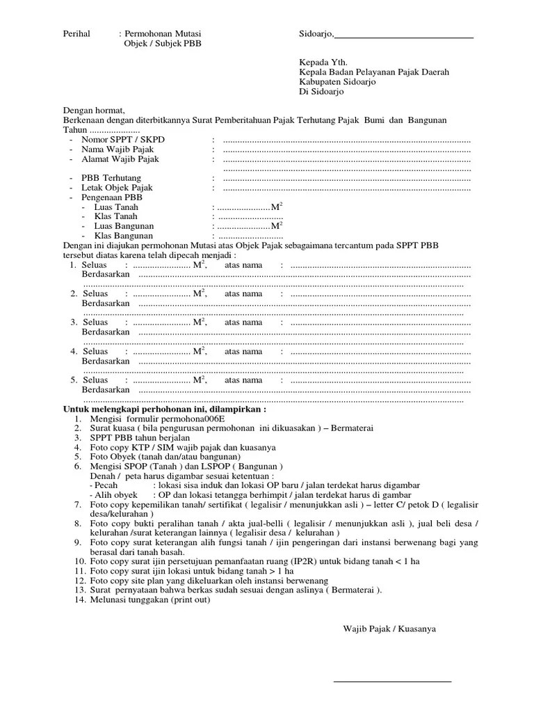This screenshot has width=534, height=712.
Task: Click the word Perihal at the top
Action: [x=77, y=33]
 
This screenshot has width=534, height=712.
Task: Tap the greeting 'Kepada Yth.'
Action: [x=321, y=61]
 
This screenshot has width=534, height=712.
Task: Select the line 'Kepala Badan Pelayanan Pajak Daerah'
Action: [x=374, y=72]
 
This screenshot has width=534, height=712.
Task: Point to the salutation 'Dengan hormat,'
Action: [x=94, y=111]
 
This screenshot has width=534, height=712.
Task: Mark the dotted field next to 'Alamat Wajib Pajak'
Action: [x=346, y=159]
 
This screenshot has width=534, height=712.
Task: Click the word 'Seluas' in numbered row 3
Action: [x=95, y=322]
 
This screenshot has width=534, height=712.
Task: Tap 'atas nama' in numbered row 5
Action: [x=243, y=380]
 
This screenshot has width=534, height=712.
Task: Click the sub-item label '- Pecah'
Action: [x=104, y=484]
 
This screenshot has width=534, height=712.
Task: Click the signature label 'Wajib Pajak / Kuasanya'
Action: [x=389, y=629]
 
